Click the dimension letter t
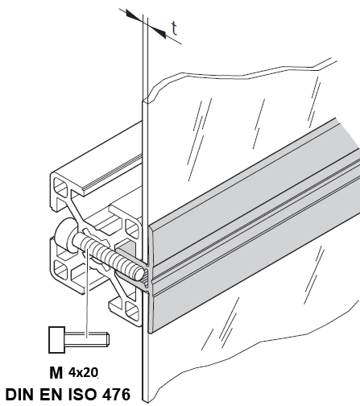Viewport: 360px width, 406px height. (x=175, y=28)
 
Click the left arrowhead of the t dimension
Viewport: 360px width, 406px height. (x=133, y=15)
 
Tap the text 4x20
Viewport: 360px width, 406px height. (x=83, y=372)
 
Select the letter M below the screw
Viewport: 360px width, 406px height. (x=56, y=373)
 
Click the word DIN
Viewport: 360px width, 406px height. (x=21, y=395)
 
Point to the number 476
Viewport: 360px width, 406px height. (x=116, y=395)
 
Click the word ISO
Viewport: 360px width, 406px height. (x=83, y=395)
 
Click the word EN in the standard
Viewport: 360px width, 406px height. (x=52, y=395)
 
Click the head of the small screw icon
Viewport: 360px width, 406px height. (x=56, y=340)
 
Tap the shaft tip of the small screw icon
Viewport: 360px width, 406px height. (x=107, y=339)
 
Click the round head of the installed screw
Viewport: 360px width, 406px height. (x=64, y=235)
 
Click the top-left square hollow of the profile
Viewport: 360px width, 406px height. (x=60, y=186)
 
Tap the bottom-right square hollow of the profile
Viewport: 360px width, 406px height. (x=131, y=309)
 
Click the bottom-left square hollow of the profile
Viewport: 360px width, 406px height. (x=60, y=269)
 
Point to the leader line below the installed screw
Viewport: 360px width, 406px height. (x=86, y=292)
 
